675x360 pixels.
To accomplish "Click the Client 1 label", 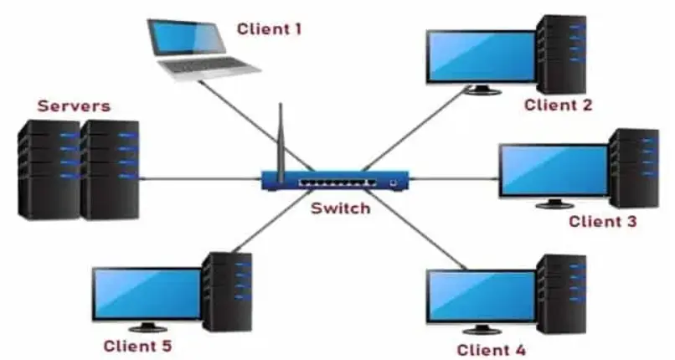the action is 269,28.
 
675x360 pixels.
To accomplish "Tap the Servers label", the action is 74,105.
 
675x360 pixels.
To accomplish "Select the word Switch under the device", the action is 341,208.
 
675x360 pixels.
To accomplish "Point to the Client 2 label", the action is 559,105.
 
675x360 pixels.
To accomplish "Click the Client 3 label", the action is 603,222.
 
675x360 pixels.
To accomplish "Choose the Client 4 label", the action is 492,350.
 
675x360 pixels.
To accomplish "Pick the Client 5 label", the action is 137,346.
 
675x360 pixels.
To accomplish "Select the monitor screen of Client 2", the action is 482,56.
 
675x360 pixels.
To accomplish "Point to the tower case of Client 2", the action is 562,54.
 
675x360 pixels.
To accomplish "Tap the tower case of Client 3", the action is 634,168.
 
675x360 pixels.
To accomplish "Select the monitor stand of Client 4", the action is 482,329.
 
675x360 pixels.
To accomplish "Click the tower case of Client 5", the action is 227,292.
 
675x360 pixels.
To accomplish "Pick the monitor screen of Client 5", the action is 147,294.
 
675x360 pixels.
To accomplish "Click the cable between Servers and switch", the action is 200,178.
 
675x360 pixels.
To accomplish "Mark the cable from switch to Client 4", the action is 417,230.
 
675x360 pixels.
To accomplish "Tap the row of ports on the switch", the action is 337,183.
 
